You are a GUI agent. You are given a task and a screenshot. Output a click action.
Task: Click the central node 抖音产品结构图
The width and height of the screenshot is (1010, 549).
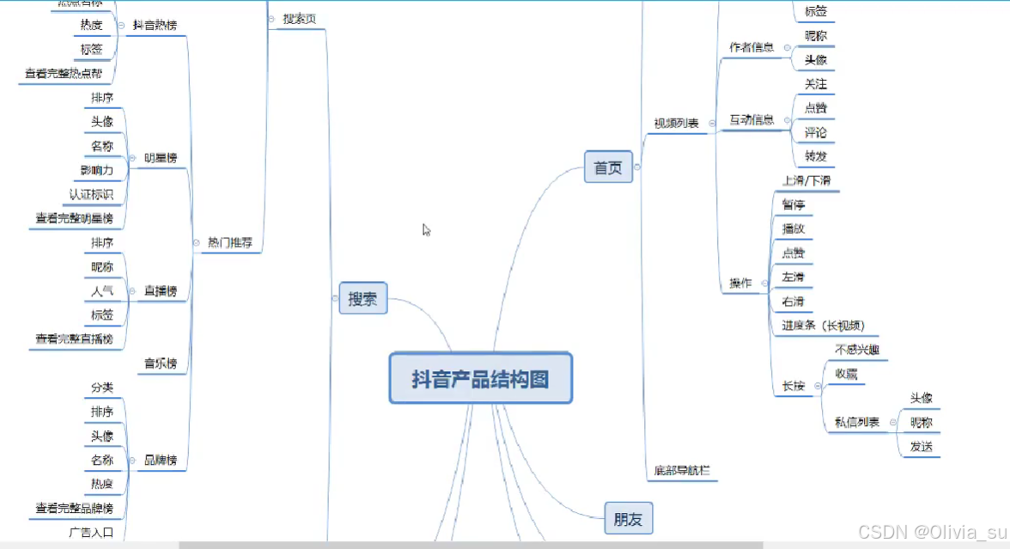480,378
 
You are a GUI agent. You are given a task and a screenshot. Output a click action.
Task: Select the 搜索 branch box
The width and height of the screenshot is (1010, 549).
363,298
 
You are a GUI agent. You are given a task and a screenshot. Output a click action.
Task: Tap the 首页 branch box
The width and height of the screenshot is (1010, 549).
608,168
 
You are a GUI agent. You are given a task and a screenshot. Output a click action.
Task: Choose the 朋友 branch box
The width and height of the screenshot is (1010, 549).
629,518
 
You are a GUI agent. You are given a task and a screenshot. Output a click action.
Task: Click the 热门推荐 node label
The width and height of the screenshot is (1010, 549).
230,243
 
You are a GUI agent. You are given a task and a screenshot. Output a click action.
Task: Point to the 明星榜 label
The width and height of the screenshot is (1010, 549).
161,158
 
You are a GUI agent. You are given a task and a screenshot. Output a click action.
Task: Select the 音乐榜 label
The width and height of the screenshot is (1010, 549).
161,363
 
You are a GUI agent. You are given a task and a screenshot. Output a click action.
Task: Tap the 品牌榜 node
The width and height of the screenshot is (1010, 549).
161,461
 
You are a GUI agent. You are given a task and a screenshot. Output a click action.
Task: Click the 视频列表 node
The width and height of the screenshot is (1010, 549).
676,124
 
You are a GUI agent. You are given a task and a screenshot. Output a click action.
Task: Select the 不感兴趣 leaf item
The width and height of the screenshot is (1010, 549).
856,350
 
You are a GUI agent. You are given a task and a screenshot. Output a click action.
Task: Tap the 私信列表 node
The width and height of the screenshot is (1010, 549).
856,422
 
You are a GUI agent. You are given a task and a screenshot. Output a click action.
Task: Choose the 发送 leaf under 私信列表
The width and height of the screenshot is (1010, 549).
921,447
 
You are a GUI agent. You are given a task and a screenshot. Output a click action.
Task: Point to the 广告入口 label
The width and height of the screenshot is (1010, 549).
91,533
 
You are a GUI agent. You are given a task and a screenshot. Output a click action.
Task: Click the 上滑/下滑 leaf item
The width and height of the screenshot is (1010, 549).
806,180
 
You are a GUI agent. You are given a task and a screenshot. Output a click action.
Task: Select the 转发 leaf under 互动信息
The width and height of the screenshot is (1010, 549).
815,156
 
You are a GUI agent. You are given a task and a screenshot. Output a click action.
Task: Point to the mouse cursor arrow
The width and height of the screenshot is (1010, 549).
426,229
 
